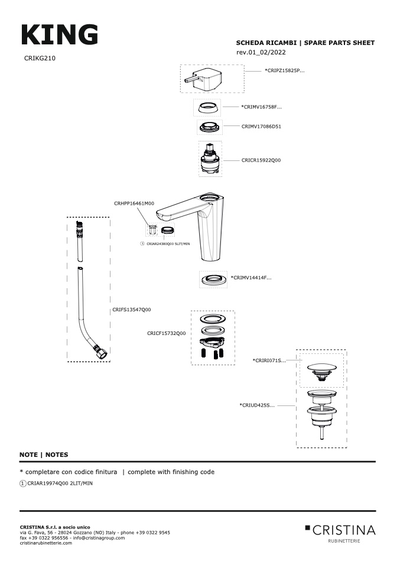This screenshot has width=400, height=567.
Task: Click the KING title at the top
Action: point(59,35)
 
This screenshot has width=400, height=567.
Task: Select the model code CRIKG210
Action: point(40,59)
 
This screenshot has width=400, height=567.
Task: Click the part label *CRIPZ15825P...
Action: point(285,70)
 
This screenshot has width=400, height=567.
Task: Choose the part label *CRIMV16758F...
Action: point(262,107)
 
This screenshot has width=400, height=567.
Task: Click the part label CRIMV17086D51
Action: point(261,126)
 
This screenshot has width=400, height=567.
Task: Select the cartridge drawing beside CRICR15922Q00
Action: point(210,159)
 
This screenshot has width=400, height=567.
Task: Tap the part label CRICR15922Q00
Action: point(261,160)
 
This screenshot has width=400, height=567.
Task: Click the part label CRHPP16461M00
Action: point(134,203)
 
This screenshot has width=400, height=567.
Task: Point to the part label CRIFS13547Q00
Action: point(132,310)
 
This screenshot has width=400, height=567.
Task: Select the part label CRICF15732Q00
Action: point(166,333)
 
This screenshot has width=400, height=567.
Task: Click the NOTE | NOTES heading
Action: point(44,455)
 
